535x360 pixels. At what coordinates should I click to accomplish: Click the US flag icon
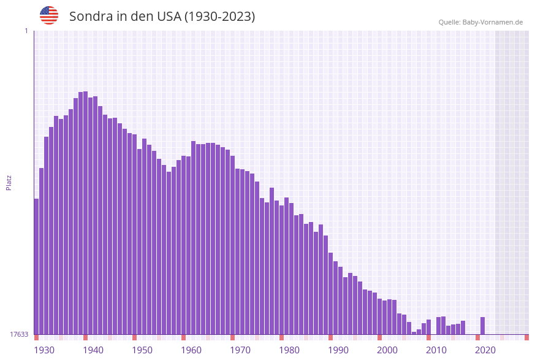click(x=49, y=15)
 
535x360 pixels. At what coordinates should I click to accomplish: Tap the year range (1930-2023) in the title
click(x=219, y=17)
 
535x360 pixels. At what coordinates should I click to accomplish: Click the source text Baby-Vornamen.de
click(x=494, y=22)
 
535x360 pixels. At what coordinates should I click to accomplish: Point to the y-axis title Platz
click(x=9, y=182)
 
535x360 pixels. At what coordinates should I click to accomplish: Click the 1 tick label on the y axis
click(x=26, y=31)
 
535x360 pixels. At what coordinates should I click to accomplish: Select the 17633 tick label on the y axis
click(x=19, y=334)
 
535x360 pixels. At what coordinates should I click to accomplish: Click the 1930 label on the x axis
click(x=44, y=350)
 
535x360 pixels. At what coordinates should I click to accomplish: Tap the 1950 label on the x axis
click(x=142, y=350)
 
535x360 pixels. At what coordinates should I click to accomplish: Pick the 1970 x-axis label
click(x=240, y=350)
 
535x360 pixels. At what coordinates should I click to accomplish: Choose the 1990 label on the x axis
click(x=338, y=350)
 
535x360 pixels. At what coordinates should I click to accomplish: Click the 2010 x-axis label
click(x=436, y=350)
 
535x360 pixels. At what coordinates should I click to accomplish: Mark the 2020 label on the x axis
click(x=485, y=350)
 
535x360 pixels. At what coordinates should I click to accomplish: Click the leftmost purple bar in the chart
click(x=37, y=267)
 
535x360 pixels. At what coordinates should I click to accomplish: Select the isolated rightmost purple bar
click(x=483, y=326)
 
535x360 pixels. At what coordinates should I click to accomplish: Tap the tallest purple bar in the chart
click(x=86, y=213)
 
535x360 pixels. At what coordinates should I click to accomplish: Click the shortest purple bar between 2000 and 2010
click(x=414, y=333)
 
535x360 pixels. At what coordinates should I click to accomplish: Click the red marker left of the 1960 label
click(x=184, y=337)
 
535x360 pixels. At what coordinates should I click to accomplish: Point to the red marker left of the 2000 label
click(x=380, y=337)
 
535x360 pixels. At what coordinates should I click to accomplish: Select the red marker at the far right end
click(x=526, y=337)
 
